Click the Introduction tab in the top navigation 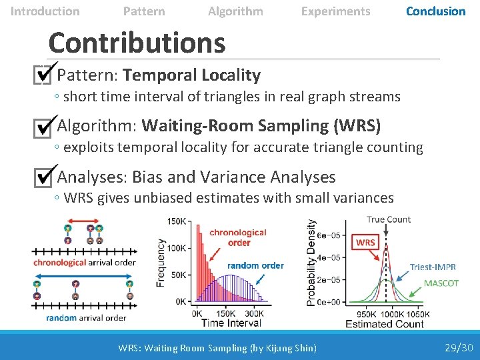point(45,11)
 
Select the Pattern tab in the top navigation point(144,11)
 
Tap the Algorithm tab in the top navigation point(235,11)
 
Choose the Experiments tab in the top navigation point(335,11)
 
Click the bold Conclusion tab point(435,11)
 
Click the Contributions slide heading point(137,43)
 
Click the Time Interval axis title point(231,323)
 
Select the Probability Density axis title point(311,263)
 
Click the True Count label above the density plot point(389,219)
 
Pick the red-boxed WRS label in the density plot point(365,243)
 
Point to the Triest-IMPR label point(433,267)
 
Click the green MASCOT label point(441,283)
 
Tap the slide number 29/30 point(459,347)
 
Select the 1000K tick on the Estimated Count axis point(391,314)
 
